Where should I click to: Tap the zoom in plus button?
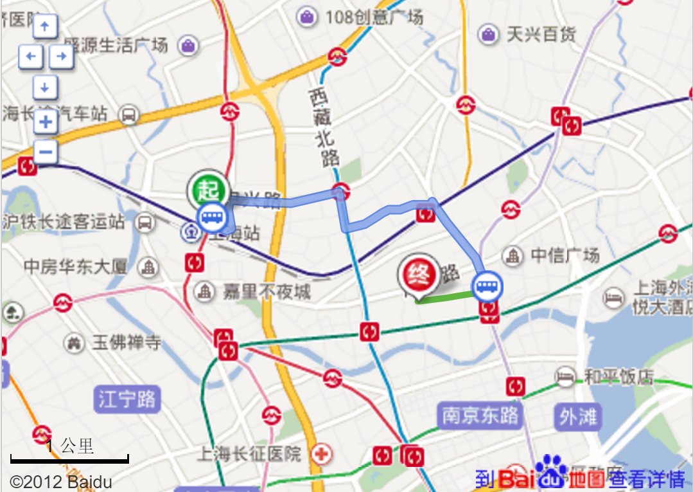coord(46,121)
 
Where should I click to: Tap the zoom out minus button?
coord(46,152)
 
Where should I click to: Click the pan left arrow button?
coord(30,57)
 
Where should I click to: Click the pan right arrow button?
coord(62,57)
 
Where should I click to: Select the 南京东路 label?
coord(480,415)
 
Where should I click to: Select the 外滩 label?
coord(577,417)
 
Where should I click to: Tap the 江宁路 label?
coord(127,399)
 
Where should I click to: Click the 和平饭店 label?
coord(618,376)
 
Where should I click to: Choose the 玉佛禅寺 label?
coord(126,342)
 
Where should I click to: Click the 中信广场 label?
coord(565,255)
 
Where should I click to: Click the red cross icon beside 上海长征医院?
coord(321,455)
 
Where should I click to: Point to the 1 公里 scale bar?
coord(69,458)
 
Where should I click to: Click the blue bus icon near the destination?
coord(487,286)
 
